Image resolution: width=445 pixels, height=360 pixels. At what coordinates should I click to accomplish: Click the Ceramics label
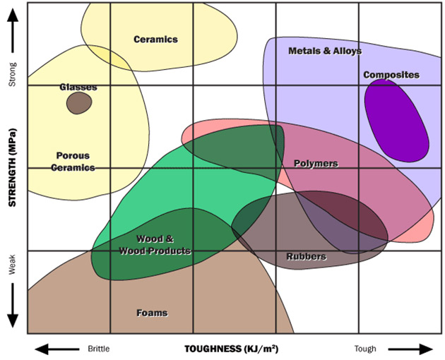(155, 40)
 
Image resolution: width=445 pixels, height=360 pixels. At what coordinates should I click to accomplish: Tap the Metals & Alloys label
(325, 52)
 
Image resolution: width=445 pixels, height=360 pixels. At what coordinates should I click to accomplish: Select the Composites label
(391, 75)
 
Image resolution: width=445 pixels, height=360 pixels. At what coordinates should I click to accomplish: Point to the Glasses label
(78, 88)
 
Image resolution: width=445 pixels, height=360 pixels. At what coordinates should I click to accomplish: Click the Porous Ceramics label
(74, 162)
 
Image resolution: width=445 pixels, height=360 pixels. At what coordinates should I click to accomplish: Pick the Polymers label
(316, 164)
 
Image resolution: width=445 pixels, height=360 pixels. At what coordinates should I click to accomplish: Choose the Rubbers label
(306, 256)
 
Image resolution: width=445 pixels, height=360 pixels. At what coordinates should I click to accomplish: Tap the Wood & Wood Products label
(154, 246)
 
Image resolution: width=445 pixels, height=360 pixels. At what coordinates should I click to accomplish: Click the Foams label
(152, 313)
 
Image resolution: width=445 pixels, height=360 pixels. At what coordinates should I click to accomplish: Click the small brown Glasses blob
(78, 103)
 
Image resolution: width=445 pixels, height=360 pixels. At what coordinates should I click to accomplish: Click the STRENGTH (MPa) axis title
(12, 168)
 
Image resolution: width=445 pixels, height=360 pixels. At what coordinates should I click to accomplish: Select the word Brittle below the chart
(99, 349)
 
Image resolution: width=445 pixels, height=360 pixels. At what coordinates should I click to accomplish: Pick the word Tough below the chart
(365, 349)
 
